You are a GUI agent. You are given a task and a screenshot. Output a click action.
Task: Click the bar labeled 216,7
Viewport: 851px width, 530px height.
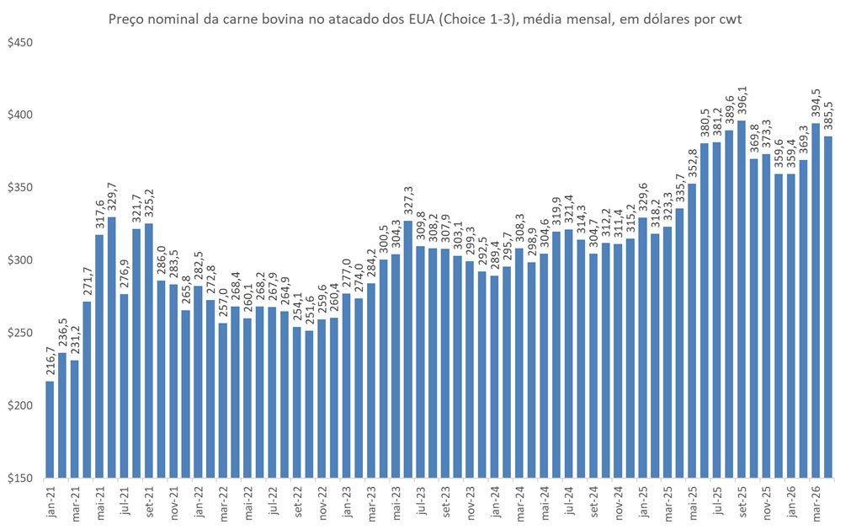click(x=50, y=430)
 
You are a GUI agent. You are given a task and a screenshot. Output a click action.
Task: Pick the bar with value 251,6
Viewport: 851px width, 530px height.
click(x=310, y=404)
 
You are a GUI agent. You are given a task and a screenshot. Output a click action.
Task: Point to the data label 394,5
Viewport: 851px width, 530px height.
click(x=815, y=104)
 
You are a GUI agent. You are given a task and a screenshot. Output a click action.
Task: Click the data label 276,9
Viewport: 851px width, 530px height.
click(x=124, y=275)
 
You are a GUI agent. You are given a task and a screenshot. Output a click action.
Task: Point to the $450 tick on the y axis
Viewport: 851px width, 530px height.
click(x=19, y=42)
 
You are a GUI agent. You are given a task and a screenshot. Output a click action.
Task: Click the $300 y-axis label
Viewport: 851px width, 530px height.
click(x=19, y=260)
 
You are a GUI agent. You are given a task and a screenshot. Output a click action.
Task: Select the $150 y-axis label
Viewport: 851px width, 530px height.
click(x=19, y=479)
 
